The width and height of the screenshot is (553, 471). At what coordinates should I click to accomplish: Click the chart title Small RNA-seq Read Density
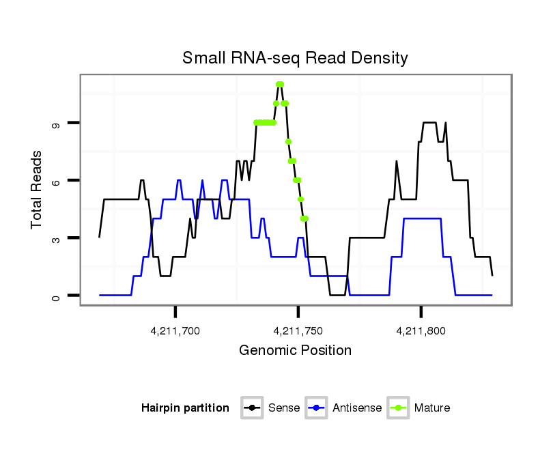295,58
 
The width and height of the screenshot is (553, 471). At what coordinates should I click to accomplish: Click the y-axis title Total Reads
38,190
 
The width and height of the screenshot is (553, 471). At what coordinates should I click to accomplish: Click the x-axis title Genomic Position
295,351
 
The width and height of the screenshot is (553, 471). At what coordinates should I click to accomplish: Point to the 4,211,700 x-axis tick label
175,332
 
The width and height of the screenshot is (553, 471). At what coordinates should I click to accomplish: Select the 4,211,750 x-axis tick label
298,332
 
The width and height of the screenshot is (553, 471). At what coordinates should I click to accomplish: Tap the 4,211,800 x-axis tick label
421,332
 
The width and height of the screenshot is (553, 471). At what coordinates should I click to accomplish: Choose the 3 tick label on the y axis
57,238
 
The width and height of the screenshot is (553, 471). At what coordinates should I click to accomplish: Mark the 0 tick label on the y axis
57,296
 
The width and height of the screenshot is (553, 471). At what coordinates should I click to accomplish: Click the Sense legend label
284,408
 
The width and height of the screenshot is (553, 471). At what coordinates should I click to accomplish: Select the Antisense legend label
357,408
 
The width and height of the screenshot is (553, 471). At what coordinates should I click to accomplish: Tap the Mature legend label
432,408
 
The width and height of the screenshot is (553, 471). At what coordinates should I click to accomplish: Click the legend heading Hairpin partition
185,408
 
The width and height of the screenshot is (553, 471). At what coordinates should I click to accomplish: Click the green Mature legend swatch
399,408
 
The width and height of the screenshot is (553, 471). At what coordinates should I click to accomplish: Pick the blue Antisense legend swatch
317,408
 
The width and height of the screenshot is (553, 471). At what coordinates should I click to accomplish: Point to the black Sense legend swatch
253,408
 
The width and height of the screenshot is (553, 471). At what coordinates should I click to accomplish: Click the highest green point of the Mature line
280,84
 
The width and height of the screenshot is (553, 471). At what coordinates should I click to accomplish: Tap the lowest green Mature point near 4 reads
304,218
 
